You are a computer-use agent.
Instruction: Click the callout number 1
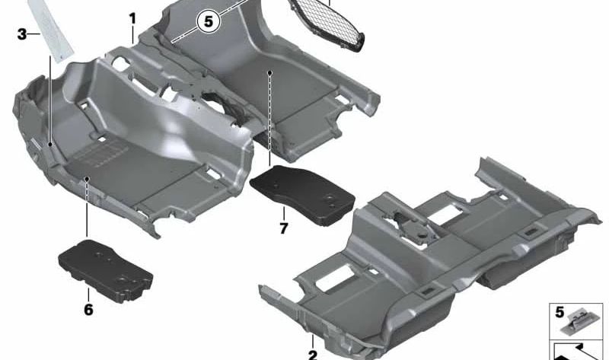pos(132,17)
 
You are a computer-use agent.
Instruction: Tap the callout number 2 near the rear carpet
pos(311,354)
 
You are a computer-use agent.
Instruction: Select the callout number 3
pos(22,34)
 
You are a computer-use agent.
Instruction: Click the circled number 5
pos(207,21)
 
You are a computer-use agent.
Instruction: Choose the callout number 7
pos(283,228)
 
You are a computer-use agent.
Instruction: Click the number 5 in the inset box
pos(560,312)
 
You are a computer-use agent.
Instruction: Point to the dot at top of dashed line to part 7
pos(270,73)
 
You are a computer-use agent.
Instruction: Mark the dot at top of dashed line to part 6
pos(88,180)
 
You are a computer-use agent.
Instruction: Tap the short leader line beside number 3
pos(35,34)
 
